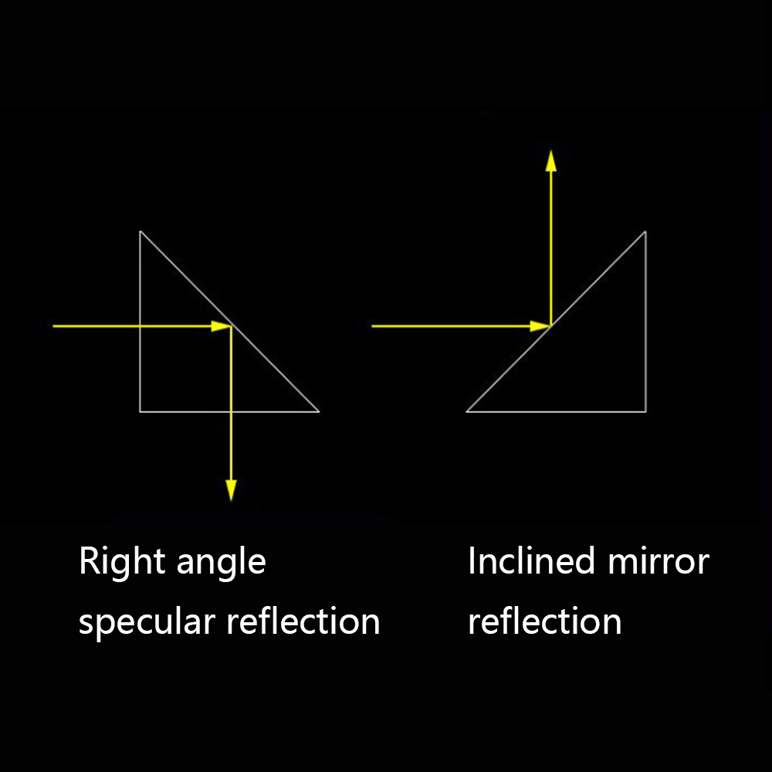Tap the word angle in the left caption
pyautogui.click(x=221, y=564)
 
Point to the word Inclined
pyautogui.click(x=531, y=561)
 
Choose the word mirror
pyautogui.click(x=658, y=561)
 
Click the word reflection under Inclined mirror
pyautogui.click(x=544, y=621)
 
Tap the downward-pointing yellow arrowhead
pyautogui.click(x=231, y=489)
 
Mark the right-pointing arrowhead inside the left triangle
pyautogui.click(x=222, y=327)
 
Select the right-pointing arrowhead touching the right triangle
pyautogui.click(x=541, y=327)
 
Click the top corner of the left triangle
pyautogui.click(x=140, y=231)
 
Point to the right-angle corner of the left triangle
pyautogui.click(x=140, y=411)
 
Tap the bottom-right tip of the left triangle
pyautogui.click(x=319, y=411)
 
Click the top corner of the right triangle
pyautogui.click(x=645, y=231)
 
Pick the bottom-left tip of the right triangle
pyautogui.click(x=466, y=411)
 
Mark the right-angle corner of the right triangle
pyautogui.click(x=645, y=411)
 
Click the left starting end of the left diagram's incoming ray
pyautogui.click(x=53, y=327)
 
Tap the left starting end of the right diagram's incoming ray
pyautogui.click(x=372, y=327)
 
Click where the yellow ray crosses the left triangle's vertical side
pyautogui.click(x=140, y=327)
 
